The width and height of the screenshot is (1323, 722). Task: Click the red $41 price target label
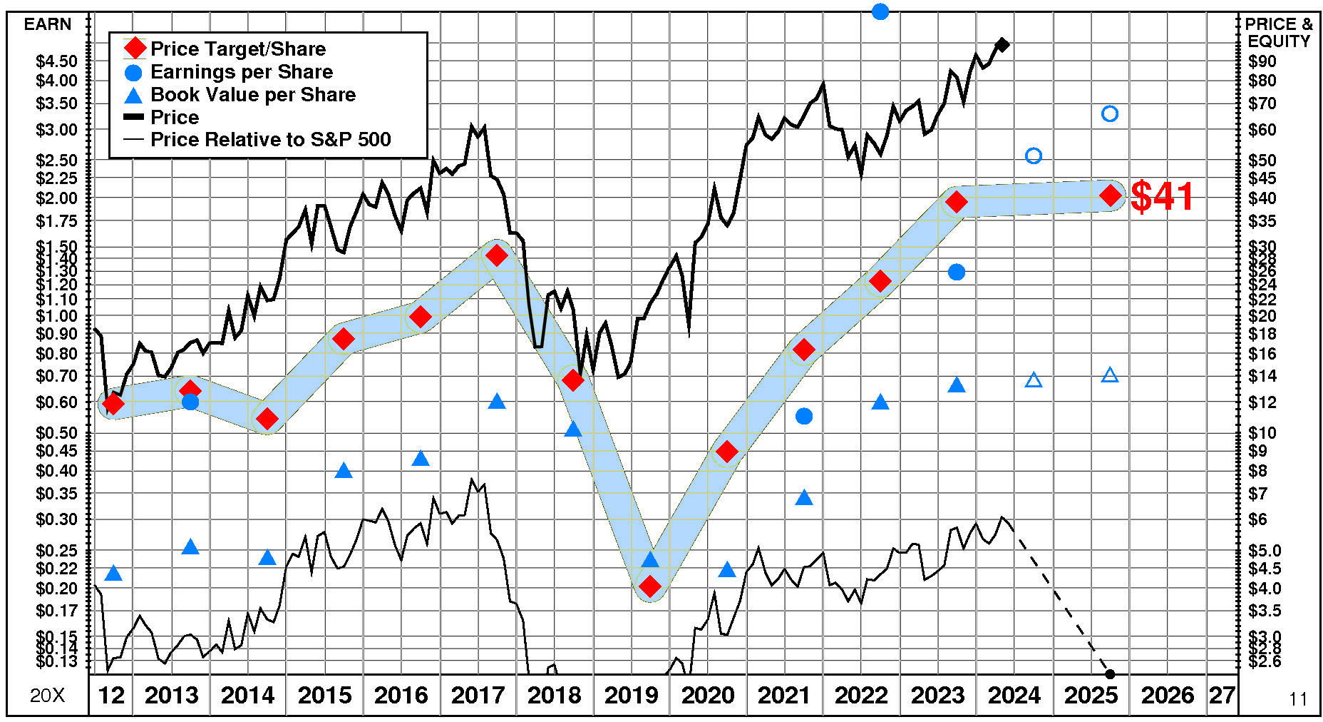point(1162,196)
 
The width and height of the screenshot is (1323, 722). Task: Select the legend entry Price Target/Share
point(237,49)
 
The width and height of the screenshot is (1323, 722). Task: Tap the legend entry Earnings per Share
point(241,72)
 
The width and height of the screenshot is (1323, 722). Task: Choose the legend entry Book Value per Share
point(252,95)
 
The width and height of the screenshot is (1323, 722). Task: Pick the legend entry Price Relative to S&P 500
point(270,140)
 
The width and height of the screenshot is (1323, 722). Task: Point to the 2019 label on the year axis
point(631,696)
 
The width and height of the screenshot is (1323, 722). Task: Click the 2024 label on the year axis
point(1014,696)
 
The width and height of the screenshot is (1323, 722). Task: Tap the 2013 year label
point(171,696)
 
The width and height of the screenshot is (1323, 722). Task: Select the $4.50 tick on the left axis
point(56,61)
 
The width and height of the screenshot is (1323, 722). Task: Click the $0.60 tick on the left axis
point(56,402)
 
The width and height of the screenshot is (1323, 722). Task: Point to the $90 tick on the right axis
point(1262,61)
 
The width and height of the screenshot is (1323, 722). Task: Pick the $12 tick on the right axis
point(1262,402)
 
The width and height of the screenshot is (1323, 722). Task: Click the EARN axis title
point(48,24)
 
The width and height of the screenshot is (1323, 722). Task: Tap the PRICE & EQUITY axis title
point(1279,33)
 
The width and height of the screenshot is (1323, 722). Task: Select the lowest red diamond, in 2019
point(650,587)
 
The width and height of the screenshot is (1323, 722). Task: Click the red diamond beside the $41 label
point(1110,195)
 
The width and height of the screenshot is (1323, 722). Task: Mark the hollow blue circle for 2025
point(1110,114)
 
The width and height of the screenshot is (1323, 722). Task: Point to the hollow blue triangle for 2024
point(1034,380)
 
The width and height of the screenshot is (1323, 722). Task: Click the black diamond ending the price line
point(1002,45)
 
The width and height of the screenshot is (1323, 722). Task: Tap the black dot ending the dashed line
point(1110,673)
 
